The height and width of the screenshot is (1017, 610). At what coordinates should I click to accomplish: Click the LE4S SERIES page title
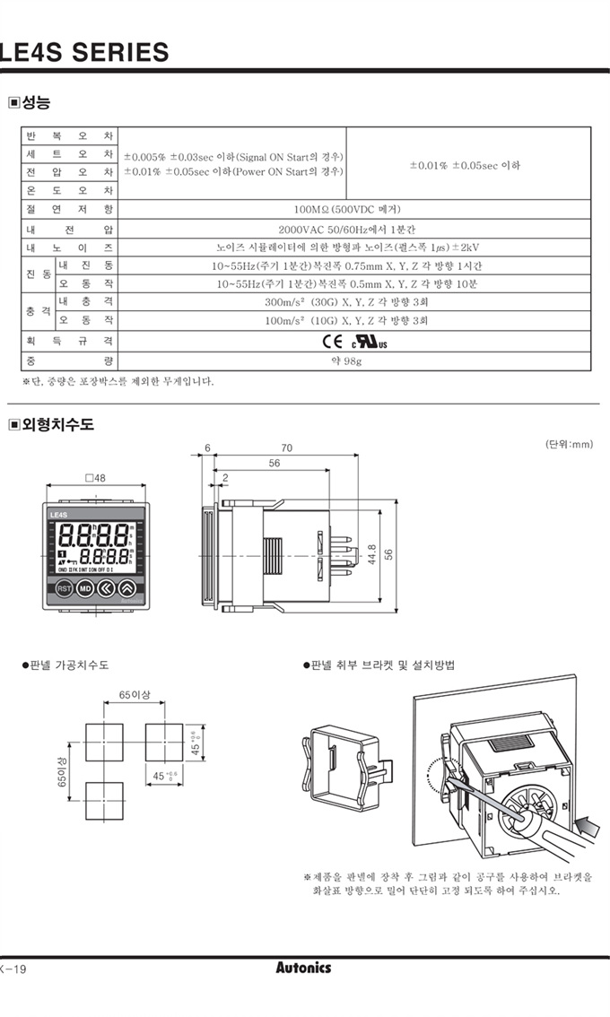84,52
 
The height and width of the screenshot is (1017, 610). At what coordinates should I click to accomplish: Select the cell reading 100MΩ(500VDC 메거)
353,210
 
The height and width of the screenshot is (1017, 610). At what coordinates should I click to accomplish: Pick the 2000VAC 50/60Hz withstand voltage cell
353,229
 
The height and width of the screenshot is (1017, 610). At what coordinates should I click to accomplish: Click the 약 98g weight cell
353,361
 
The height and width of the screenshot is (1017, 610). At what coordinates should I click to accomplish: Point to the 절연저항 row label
69,210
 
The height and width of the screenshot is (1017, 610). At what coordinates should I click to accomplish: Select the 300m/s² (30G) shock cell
353,302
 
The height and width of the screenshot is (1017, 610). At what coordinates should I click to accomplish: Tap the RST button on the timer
64,588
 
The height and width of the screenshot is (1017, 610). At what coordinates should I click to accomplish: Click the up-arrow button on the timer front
127,588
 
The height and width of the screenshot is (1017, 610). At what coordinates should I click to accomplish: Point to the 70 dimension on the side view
286,448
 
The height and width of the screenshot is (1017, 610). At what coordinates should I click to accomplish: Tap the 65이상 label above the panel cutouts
135,694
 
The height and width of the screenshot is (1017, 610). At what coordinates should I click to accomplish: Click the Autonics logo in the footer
303,968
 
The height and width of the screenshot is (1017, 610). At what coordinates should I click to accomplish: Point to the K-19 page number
14,969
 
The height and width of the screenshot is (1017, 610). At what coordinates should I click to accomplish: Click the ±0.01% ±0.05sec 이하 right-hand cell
466,165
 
